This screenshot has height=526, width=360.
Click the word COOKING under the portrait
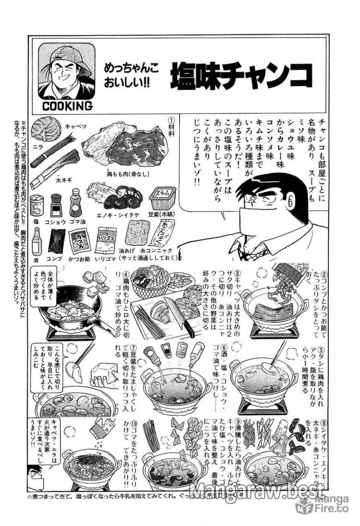(66, 106)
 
